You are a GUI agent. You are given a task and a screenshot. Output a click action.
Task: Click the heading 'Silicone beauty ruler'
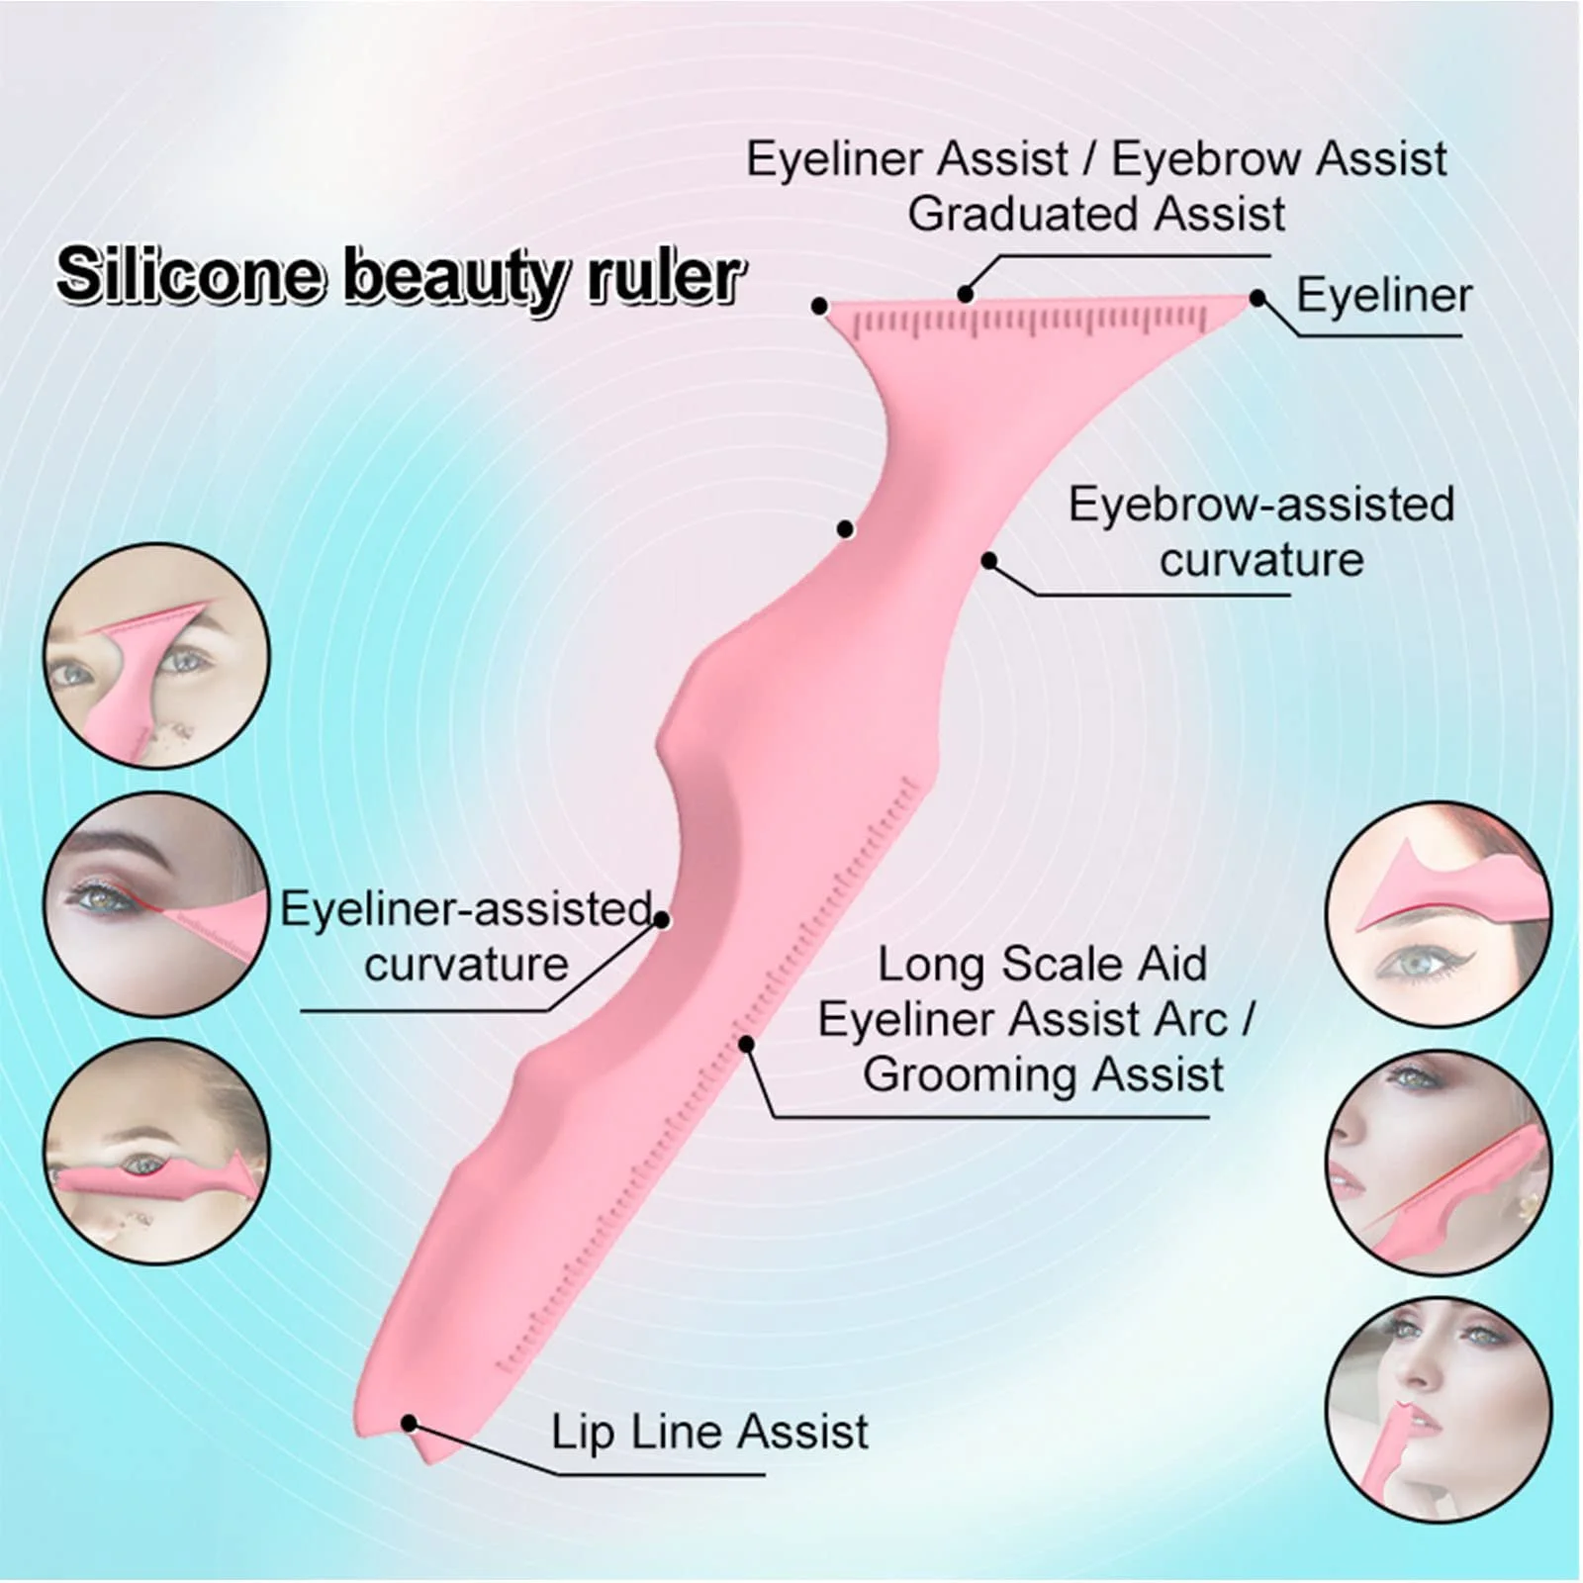(400, 275)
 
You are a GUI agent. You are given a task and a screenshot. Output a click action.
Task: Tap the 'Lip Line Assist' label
(709, 1432)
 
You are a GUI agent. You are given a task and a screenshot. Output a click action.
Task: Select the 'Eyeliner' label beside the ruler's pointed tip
(1383, 296)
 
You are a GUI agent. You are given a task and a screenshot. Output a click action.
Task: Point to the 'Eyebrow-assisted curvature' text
(1261, 532)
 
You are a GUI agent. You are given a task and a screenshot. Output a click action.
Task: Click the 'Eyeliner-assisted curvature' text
(466, 936)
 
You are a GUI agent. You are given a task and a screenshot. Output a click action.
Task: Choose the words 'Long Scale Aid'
(1043, 964)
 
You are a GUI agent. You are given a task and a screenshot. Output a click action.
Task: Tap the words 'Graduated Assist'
(1096, 214)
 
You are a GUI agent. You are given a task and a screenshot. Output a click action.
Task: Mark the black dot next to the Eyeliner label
(1257, 298)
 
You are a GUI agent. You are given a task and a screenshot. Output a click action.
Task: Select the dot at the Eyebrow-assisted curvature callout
(988, 561)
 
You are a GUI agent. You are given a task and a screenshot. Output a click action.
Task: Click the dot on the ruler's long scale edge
(747, 1044)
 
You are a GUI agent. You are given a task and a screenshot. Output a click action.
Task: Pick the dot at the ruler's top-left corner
(819, 307)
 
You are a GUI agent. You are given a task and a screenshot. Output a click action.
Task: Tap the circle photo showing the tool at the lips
(1439, 1410)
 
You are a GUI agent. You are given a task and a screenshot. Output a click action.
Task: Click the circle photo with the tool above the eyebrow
(1439, 913)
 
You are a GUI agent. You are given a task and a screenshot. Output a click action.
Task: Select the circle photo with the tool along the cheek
(1439, 1163)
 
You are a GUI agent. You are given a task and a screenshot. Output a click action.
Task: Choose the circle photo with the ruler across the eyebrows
(156, 656)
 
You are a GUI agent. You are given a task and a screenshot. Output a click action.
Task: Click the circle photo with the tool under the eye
(156, 1151)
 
